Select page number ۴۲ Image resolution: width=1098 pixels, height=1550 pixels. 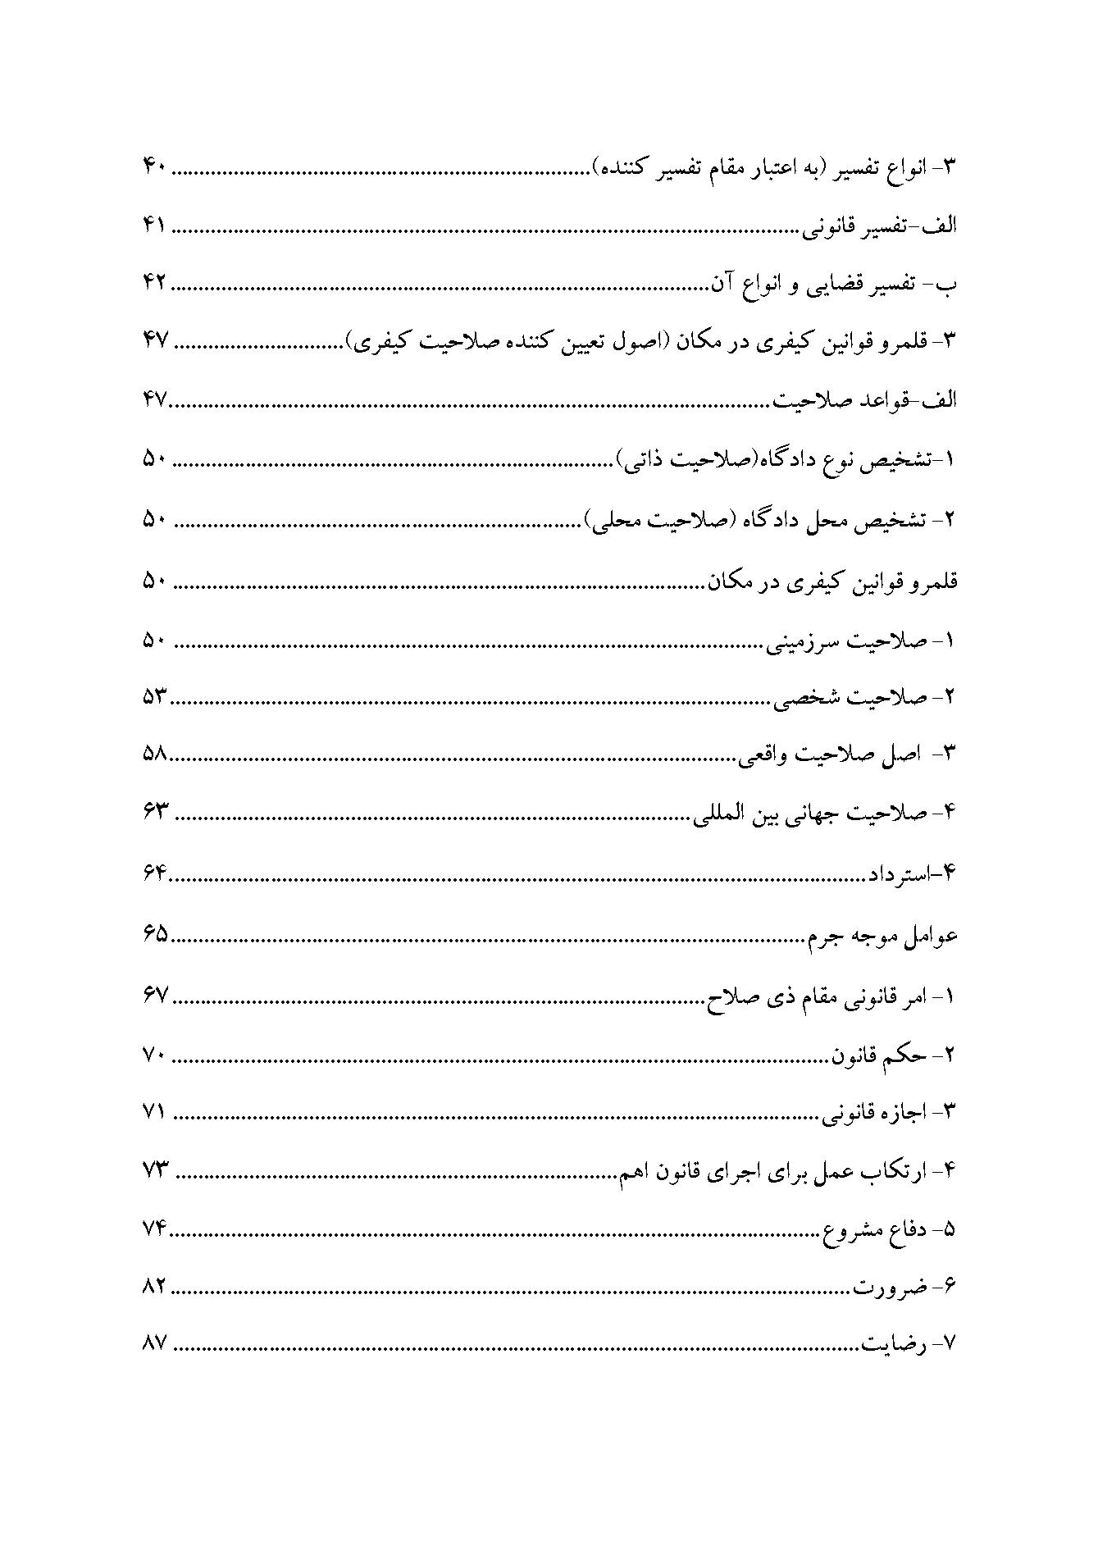(x=154, y=284)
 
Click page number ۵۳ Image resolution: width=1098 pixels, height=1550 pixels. (x=154, y=697)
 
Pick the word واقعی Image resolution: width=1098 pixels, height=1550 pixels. (x=767, y=755)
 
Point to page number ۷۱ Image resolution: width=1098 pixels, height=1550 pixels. (x=154, y=1113)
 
